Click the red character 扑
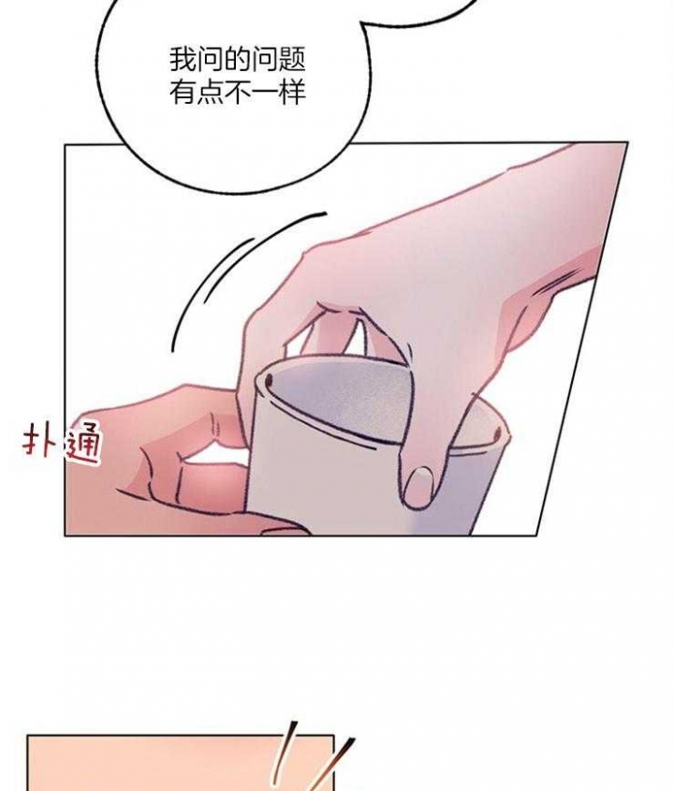point(38,443)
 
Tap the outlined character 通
point(82,443)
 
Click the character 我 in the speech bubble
point(183,60)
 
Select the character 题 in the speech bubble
point(291,60)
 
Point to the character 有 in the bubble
point(183,93)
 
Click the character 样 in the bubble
point(291,93)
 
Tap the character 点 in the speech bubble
point(210,93)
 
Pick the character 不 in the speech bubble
point(237,93)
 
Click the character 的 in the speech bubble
point(237,60)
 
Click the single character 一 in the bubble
point(264,94)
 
